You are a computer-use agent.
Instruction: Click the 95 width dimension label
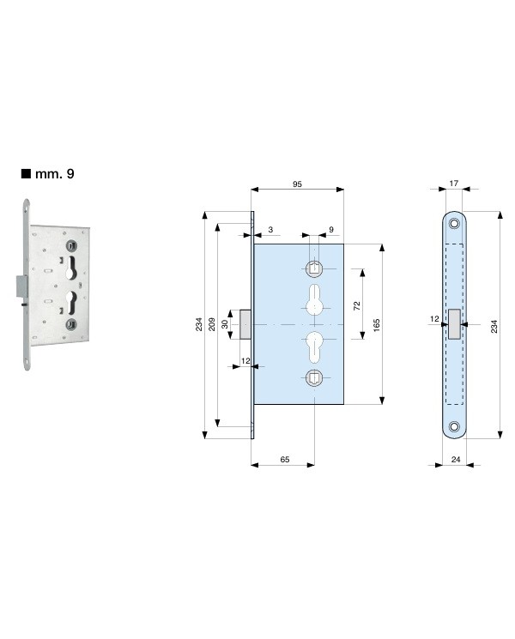(x=297, y=184)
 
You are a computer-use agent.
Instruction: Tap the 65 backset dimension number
(x=285, y=459)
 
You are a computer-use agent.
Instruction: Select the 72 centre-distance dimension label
(x=357, y=305)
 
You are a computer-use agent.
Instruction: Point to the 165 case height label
(x=376, y=325)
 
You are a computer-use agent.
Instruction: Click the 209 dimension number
(x=212, y=324)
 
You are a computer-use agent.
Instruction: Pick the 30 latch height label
(x=225, y=324)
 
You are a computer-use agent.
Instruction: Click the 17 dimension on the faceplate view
(x=454, y=184)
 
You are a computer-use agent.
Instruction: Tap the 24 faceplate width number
(x=456, y=459)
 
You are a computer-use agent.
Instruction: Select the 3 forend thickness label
(x=270, y=229)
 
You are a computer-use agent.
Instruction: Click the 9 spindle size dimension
(x=331, y=229)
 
